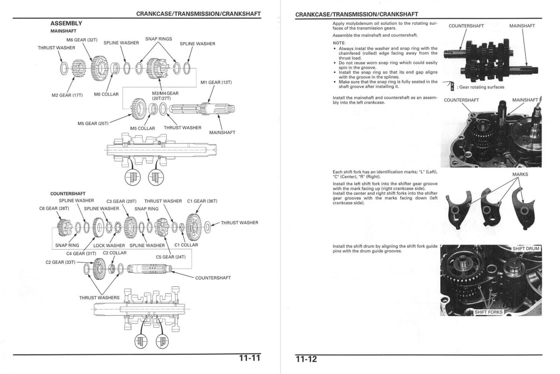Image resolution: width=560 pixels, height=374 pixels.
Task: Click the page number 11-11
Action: pos(249,359)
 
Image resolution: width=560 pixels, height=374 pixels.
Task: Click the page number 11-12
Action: pos(306,359)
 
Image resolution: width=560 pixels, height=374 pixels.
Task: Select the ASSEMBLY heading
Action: pos(66,23)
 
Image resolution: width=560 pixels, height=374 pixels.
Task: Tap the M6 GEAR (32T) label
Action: pos(79,40)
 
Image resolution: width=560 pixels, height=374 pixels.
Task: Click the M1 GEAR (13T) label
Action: pos(216,82)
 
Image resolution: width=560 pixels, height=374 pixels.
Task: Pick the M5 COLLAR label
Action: pos(143,128)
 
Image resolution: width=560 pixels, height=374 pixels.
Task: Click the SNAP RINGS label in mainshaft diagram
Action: pos(158,39)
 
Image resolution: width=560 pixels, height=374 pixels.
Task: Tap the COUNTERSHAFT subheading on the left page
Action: pos(68,193)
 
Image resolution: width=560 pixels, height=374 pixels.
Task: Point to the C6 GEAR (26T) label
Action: pos(54,208)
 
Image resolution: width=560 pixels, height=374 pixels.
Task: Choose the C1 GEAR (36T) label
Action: pos(202,201)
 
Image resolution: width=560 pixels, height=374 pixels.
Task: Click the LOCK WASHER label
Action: pos(109,245)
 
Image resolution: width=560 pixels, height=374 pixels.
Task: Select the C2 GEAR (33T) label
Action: pos(60,262)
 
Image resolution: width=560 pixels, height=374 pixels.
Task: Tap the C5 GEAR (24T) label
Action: pos(171,257)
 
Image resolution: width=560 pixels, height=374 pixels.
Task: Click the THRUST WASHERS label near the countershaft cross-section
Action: pos(99,297)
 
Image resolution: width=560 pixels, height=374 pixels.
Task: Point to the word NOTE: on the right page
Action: pos(339,42)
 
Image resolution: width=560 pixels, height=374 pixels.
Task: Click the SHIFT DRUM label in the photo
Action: pos(526,248)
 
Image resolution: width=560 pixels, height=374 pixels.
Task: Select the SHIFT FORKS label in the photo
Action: pos(488,312)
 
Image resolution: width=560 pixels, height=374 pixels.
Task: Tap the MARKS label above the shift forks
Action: pos(520,174)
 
